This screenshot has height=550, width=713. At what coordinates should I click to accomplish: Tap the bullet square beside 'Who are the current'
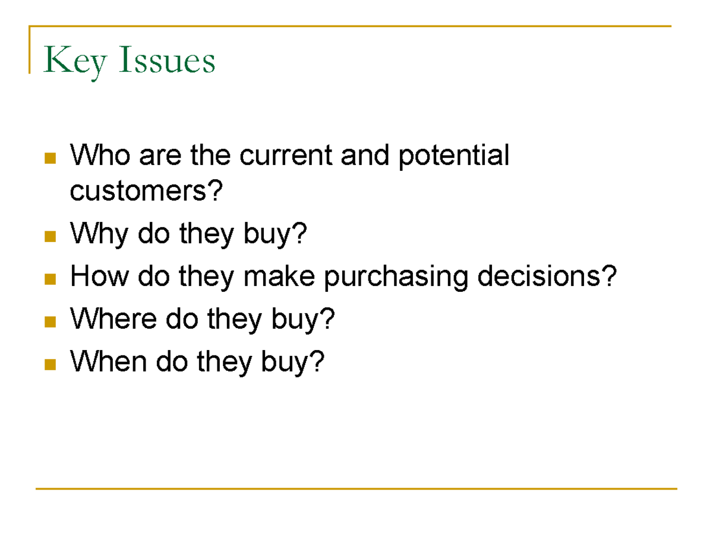click(x=50, y=158)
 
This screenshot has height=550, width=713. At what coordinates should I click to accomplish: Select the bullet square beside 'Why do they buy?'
click(x=50, y=237)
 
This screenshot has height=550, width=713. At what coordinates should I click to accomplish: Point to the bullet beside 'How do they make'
click(x=50, y=278)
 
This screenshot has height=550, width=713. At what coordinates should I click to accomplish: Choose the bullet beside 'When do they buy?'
click(x=50, y=363)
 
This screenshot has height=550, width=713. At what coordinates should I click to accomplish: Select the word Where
click(x=113, y=320)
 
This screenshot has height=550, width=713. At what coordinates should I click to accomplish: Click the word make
click(x=279, y=276)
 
